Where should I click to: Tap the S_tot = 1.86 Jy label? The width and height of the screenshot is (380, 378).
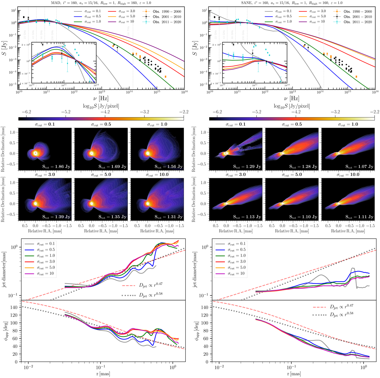click(x=59, y=167)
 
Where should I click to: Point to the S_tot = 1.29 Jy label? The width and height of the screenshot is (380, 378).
click(x=249, y=167)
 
